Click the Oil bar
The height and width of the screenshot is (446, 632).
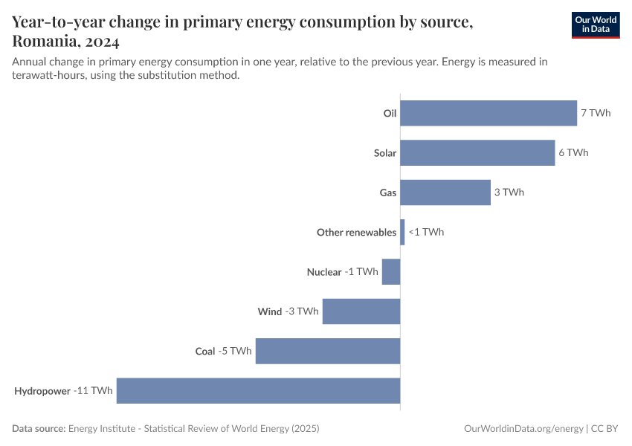pyautogui.click(x=488, y=113)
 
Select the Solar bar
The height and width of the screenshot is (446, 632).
pyautogui.click(x=477, y=153)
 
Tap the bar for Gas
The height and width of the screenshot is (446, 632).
pyautogui.click(x=445, y=193)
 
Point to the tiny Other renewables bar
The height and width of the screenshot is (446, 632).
pyautogui.click(x=402, y=232)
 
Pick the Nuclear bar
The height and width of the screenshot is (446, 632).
pyautogui.click(x=391, y=272)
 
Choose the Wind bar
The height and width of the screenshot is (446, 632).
pyautogui.click(x=361, y=311)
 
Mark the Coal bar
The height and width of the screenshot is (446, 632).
pyautogui.click(x=328, y=351)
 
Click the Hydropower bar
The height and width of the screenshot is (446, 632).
pyautogui.click(x=258, y=391)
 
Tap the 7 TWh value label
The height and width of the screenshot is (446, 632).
pyautogui.click(x=596, y=113)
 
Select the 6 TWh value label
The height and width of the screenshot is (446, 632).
pyautogui.click(x=573, y=153)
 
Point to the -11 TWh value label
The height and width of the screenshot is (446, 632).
pyautogui.click(x=93, y=391)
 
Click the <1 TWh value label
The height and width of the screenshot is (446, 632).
pyautogui.click(x=426, y=232)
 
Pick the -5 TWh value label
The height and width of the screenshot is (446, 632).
pyautogui.click(x=235, y=351)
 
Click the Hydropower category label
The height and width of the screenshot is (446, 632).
pyautogui.click(x=42, y=391)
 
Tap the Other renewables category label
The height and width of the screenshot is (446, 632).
pyautogui.click(x=356, y=233)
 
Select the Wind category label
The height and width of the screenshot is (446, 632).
pyautogui.click(x=270, y=311)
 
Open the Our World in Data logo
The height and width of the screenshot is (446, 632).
pyautogui.click(x=596, y=25)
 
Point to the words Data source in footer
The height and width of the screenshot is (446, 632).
pyautogui.click(x=39, y=429)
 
